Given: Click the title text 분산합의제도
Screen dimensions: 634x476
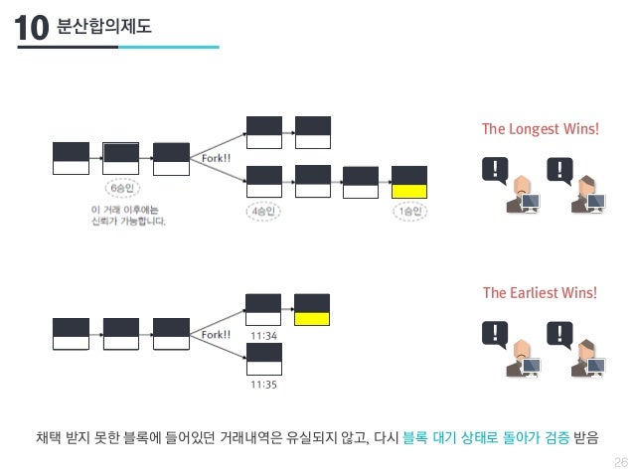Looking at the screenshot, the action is pyautogui.click(x=105, y=25).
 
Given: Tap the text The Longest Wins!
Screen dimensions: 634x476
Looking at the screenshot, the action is pyautogui.click(x=540, y=129).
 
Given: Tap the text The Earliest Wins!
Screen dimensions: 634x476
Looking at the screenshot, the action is pyautogui.click(x=540, y=292).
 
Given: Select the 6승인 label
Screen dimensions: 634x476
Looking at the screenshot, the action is pyautogui.click(x=120, y=188).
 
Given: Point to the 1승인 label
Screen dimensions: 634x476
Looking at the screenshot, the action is pyautogui.click(x=409, y=212).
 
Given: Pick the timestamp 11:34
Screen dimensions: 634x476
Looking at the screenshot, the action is pyautogui.click(x=263, y=336).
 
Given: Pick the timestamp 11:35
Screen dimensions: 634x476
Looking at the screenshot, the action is pyautogui.click(x=263, y=382).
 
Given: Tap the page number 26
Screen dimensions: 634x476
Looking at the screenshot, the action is pyautogui.click(x=621, y=459).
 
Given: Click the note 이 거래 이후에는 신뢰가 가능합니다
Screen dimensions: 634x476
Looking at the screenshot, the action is pyautogui.click(x=128, y=215).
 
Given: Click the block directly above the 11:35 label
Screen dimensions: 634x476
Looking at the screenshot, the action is pyautogui.click(x=263, y=357).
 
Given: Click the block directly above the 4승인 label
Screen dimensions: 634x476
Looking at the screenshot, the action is pyautogui.click(x=264, y=182).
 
